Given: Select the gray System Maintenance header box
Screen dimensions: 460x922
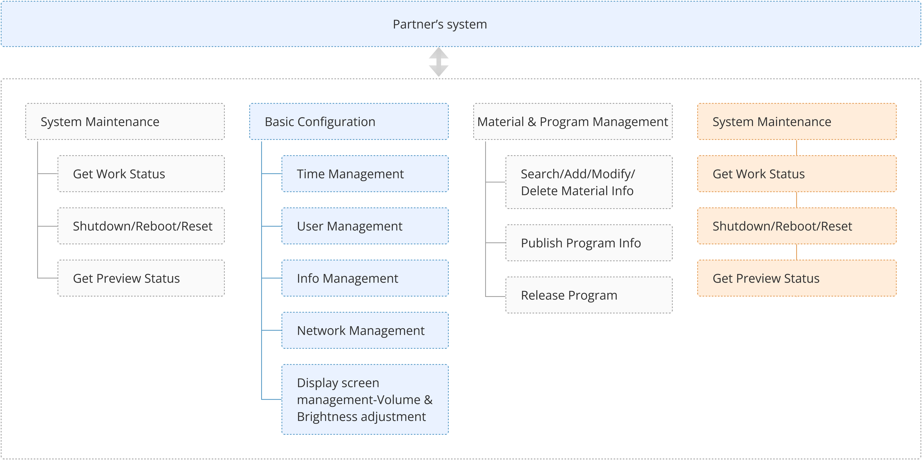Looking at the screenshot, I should click(x=125, y=122).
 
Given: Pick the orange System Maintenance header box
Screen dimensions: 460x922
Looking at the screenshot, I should click(x=797, y=122).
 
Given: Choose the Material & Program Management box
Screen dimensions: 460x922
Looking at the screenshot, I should click(x=573, y=122).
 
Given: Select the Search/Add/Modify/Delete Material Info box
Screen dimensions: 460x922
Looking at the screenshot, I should click(x=589, y=182).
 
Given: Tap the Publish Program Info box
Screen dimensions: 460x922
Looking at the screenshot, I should click(x=589, y=243).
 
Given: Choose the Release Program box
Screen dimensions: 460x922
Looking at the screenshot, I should click(x=589, y=295).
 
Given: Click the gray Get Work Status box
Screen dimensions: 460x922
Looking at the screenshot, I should click(x=141, y=174).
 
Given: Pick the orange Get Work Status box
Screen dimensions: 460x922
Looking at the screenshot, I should click(x=797, y=174).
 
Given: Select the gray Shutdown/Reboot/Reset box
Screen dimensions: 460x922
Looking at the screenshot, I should click(x=141, y=226).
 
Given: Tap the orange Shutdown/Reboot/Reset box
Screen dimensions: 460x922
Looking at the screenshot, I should click(x=797, y=226).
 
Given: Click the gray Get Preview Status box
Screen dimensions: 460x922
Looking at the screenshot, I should click(x=141, y=278).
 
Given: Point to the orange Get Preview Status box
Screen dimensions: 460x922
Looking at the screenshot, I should click(x=797, y=278).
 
